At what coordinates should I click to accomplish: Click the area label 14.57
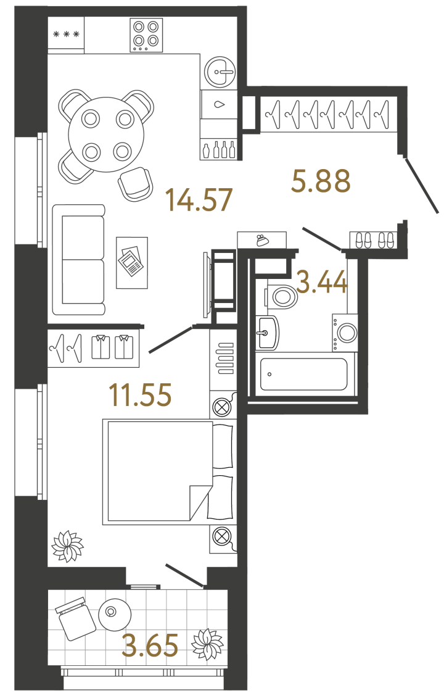(199, 200)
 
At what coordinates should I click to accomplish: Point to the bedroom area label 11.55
(139, 395)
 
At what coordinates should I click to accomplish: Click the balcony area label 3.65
(150, 645)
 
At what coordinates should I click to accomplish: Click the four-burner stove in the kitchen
(146, 35)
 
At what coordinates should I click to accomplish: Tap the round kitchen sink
(220, 72)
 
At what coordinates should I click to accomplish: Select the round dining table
(106, 134)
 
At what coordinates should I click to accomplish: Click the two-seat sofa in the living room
(78, 260)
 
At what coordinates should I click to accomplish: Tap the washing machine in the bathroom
(345, 333)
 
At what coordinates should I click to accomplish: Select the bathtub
(303, 374)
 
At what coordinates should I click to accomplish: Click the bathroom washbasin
(266, 333)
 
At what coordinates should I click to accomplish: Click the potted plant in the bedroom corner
(67, 546)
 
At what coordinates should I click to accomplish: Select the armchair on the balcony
(75, 617)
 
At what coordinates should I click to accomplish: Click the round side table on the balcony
(114, 614)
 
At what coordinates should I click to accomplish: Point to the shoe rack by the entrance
(372, 239)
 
